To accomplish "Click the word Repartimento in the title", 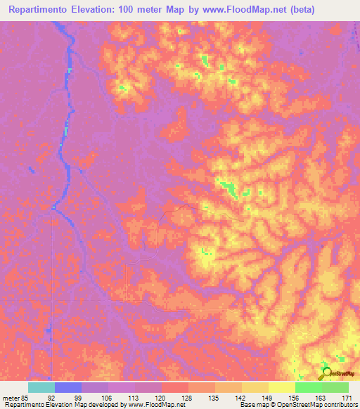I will click(40, 10).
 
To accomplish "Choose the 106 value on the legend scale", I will click(105, 397).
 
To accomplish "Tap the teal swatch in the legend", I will click(41, 387).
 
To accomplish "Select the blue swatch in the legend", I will click(67, 387).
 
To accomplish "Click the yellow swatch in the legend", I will click(281, 387).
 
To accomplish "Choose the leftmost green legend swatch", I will click(308, 387).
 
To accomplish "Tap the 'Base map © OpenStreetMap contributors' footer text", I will click(297, 405).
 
